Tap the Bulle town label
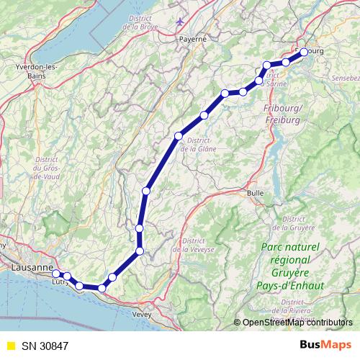(256, 193)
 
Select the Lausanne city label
(32, 267)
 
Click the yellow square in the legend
(10, 346)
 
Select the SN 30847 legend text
(50, 346)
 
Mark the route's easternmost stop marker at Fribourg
(304, 51)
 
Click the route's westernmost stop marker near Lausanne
(56, 274)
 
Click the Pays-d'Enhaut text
(292, 285)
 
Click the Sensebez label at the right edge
(344, 76)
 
